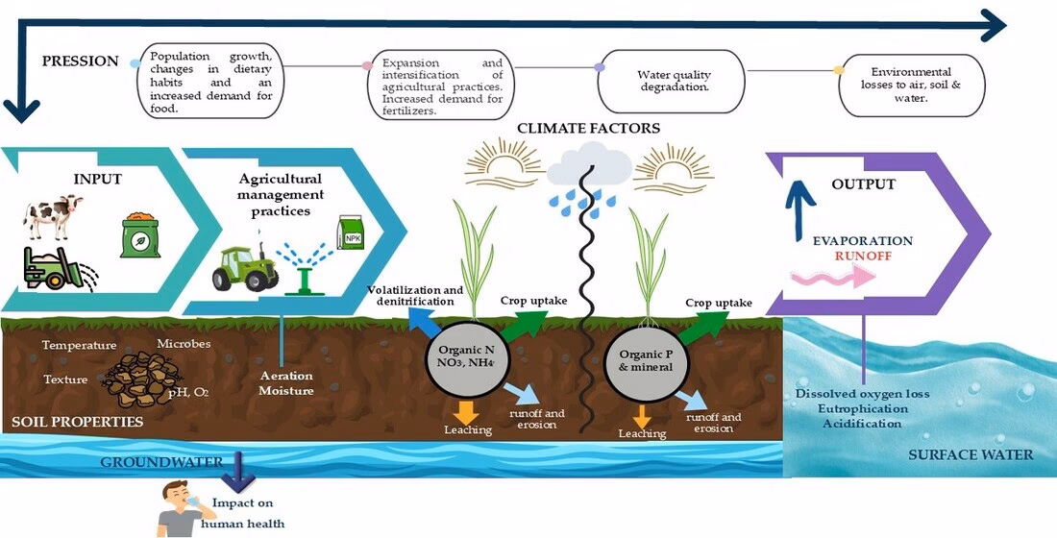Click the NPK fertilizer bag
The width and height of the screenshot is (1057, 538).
tap(351, 233)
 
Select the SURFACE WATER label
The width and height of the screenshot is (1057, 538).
tap(971, 454)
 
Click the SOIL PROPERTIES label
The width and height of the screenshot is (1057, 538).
tap(77, 421)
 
